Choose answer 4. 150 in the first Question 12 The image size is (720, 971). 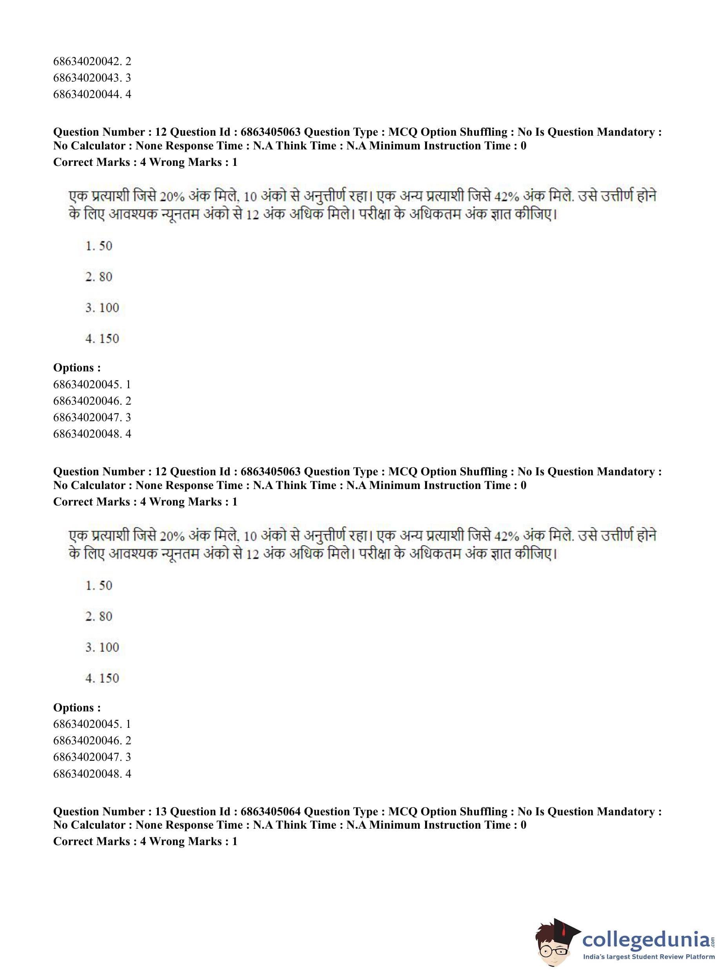pos(102,338)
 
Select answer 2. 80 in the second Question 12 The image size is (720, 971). pos(99,616)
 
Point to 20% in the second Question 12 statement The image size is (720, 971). pos(172,536)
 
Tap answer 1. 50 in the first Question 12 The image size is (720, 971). pos(99,246)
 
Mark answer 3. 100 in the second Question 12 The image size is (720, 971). pos(102,647)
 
